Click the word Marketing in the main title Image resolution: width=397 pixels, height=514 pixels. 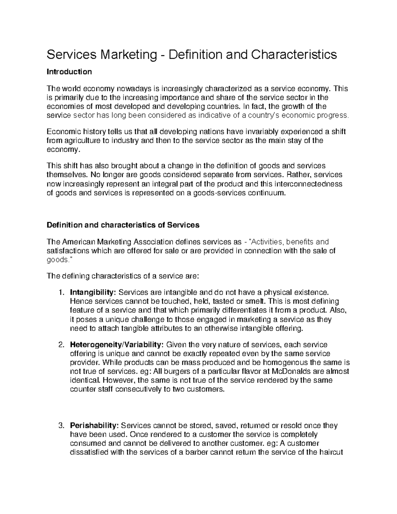click(x=129, y=55)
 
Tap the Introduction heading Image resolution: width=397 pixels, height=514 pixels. click(x=69, y=72)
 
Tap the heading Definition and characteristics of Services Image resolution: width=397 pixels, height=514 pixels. click(x=123, y=225)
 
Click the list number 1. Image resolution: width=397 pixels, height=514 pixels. click(x=61, y=293)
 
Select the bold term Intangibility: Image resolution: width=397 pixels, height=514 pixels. click(x=93, y=293)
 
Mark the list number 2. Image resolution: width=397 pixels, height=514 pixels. click(x=61, y=345)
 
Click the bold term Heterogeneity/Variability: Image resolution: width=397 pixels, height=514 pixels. click(x=117, y=345)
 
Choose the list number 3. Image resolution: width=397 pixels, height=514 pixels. click(x=61, y=426)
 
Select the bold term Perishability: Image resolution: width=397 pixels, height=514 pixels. click(x=94, y=426)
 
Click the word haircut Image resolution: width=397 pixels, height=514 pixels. click(x=330, y=452)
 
